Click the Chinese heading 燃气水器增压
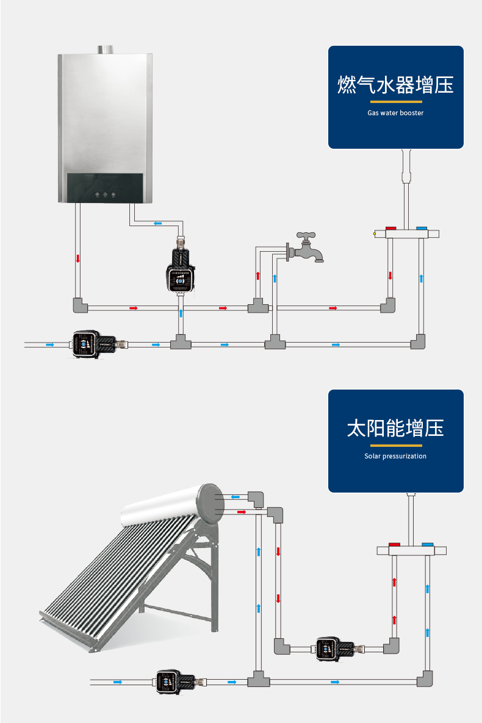tap(395, 85)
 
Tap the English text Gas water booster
tap(395, 113)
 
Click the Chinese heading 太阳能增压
tap(395, 428)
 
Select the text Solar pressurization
tap(395, 456)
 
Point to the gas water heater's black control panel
tap(105, 187)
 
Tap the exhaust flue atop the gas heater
tap(104, 49)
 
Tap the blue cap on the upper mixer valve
tap(421, 229)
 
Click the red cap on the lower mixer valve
tap(395, 544)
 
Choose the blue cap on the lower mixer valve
tap(428, 544)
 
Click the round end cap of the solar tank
tap(210, 503)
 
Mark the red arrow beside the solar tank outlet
tap(242, 512)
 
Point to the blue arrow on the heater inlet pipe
tap(158, 223)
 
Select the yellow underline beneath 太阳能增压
tap(395, 445)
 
